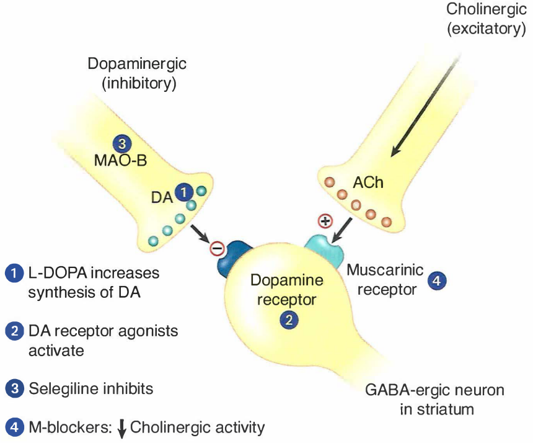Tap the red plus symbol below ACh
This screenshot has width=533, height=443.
pyautogui.click(x=324, y=221)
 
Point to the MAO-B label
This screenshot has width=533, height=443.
pyautogui.click(x=121, y=161)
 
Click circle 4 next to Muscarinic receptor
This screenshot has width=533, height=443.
pyautogui.click(x=437, y=280)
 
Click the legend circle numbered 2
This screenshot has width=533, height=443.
pyautogui.click(x=14, y=331)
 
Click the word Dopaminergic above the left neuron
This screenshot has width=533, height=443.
pyautogui.click(x=137, y=64)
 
